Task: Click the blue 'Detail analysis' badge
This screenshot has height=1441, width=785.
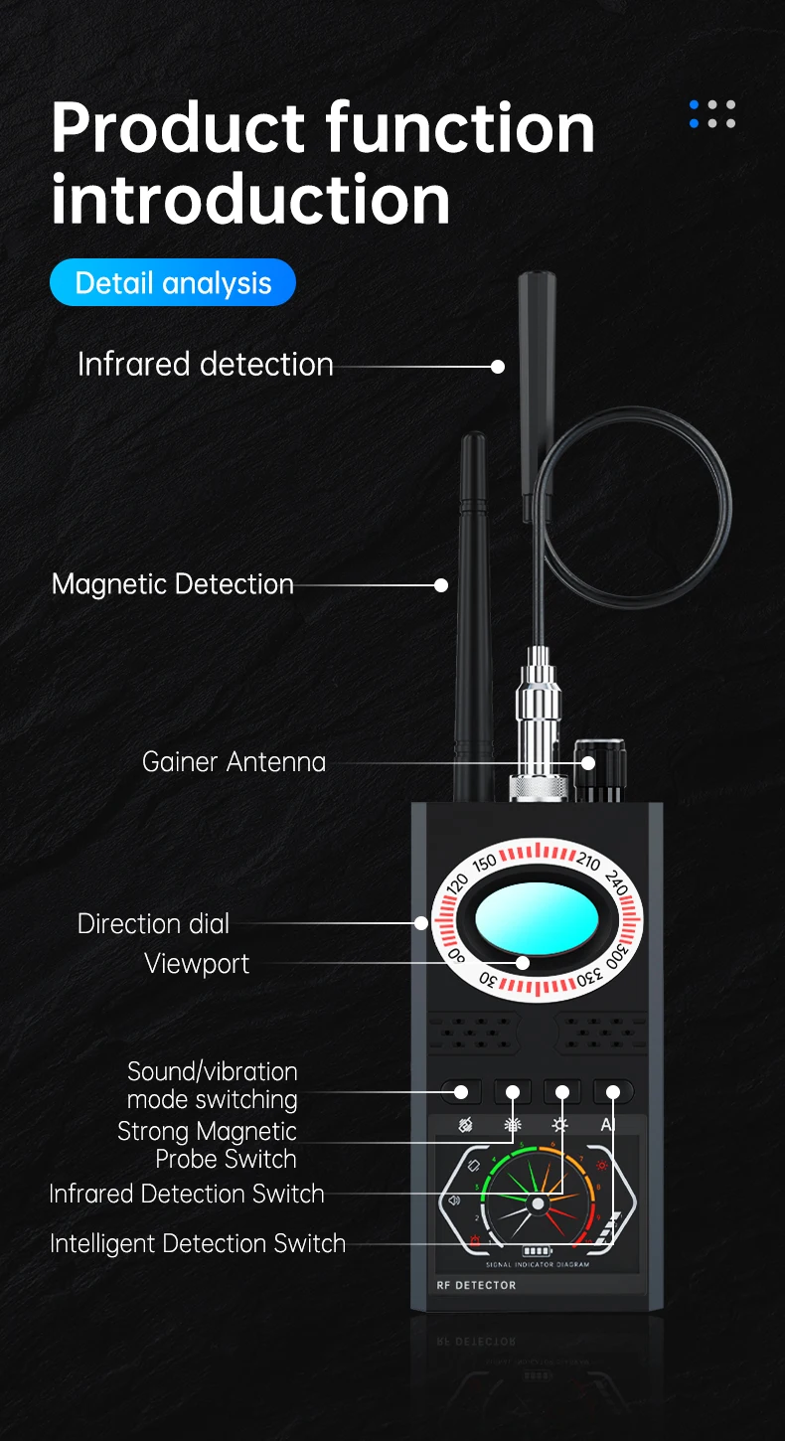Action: point(173,283)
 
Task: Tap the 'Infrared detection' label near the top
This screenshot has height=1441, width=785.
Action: point(206,365)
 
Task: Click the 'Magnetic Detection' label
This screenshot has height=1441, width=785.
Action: point(173,584)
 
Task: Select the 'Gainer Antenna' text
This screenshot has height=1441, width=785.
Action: point(234,762)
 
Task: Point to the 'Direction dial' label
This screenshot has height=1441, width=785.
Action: point(153,923)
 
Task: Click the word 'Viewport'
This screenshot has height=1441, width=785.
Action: point(197,963)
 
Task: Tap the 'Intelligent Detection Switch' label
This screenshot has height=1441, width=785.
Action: point(198,1243)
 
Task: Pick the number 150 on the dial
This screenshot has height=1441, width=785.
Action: point(485,863)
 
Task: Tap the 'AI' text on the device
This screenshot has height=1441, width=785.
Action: point(609,1125)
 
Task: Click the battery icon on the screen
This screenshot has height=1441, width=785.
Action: point(537,1251)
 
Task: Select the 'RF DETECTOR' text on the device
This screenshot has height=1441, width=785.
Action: point(476,1285)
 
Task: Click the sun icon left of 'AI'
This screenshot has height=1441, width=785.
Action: point(561,1125)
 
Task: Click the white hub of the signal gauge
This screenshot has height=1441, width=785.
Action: point(538,1203)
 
